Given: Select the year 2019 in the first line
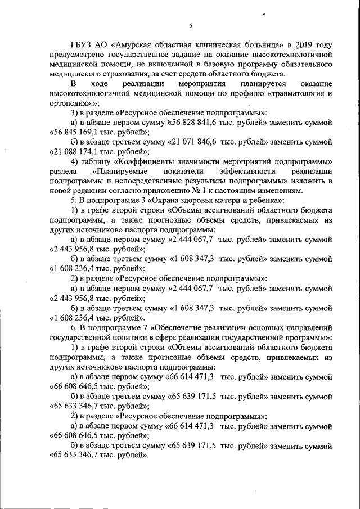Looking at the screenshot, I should pos(304,46).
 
